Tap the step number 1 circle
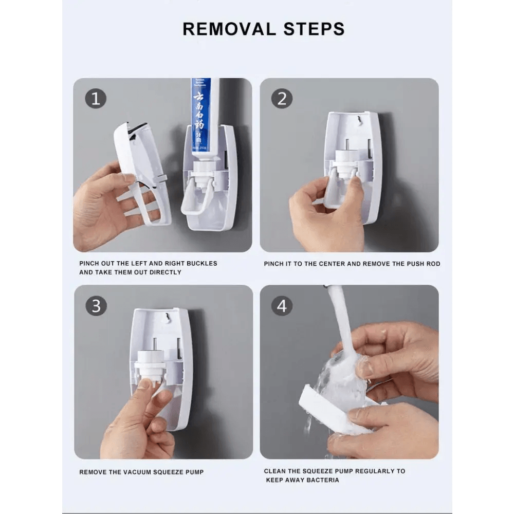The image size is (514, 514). point(96,98)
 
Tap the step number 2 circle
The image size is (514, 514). point(282,98)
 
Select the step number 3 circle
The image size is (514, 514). point(96,306)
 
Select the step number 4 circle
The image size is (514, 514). point(282,306)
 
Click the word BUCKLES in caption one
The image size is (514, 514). point(200,263)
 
